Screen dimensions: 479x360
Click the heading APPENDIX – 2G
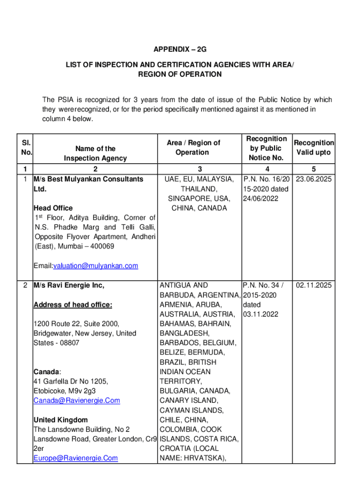tap(180, 50)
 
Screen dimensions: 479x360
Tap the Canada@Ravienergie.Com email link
tap(77, 400)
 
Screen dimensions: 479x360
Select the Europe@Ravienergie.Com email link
tap(75, 458)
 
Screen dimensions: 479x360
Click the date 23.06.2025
tap(314, 179)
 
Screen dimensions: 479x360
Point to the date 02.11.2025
tap(314, 285)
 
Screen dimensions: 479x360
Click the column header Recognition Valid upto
tap(313, 148)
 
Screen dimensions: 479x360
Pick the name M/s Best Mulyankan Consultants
tap(88, 179)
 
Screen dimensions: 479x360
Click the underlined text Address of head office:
tap(72, 305)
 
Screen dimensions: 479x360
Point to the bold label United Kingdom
tap(60, 420)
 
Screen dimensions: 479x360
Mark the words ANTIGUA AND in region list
tap(184, 285)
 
